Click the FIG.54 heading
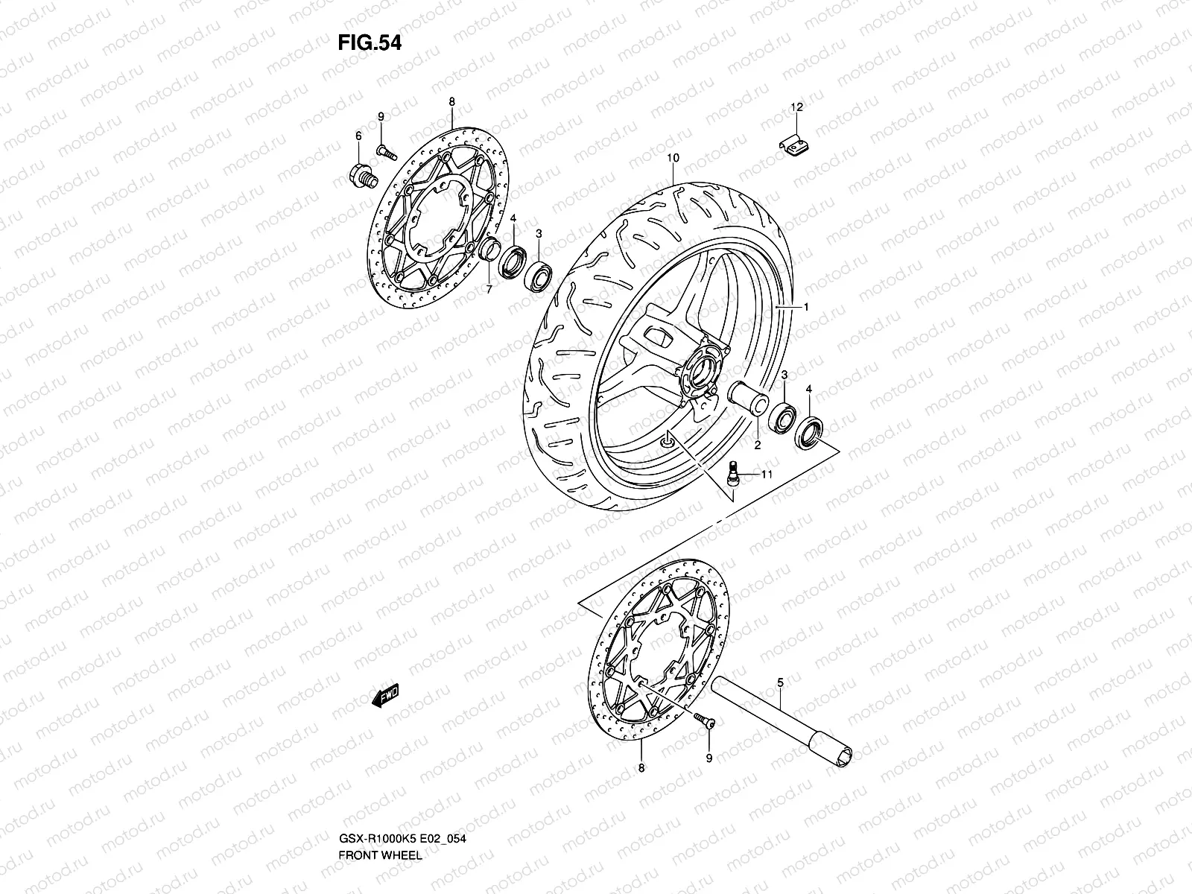coord(370,43)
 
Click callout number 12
coord(796,108)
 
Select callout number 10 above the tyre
coord(673,158)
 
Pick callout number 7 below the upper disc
coord(489,290)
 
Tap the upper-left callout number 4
coord(513,218)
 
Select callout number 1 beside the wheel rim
coord(805,307)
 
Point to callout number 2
coord(756,446)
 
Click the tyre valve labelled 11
coord(733,472)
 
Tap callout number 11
coord(767,474)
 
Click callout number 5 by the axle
coord(780,682)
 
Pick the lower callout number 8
coord(641,767)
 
